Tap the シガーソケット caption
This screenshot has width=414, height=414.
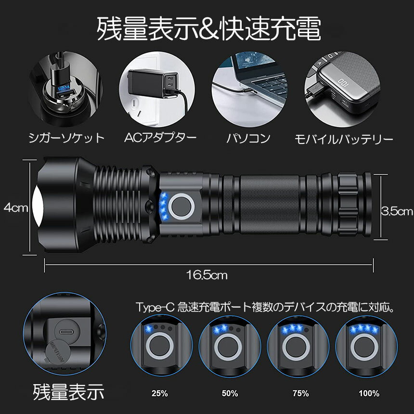click(x=66, y=139)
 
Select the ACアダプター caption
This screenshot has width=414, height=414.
click(x=160, y=138)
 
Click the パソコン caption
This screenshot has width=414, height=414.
click(x=248, y=139)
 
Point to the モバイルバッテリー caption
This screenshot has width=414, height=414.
click(x=344, y=139)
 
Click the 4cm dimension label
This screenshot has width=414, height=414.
click(x=15, y=208)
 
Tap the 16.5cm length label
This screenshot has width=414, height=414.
click(x=207, y=275)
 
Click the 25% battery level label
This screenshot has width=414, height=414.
click(x=159, y=393)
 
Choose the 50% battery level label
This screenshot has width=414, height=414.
click(x=230, y=393)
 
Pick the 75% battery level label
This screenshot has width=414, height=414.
click(x=300, y=393)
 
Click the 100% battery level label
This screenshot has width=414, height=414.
click(x=369, y=393)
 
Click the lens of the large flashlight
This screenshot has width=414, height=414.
click(x=39, y=206)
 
